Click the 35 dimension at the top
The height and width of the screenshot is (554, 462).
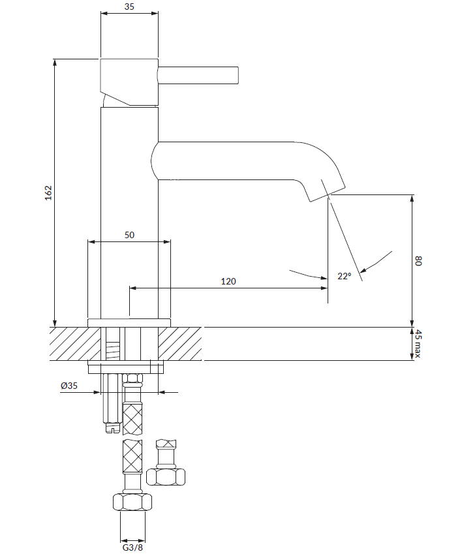[x=129, y=8]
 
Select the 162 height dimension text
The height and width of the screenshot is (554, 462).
[x=48, y=193]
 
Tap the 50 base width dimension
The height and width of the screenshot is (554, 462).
[x=129, y=235]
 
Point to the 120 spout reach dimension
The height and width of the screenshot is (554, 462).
[x=228, y=281]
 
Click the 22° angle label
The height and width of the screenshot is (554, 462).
[x=344, y=276]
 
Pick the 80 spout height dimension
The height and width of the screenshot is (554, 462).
[x=419, y=261]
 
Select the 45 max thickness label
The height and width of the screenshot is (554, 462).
[x=419, y=344]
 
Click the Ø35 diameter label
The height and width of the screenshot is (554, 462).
[x=69, y=386]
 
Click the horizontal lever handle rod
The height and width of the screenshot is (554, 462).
[x=199, y=75]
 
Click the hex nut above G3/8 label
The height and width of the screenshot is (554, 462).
[x=132, y=502]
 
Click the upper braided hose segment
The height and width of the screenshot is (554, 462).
[x=133, y=420]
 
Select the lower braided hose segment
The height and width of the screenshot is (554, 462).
[x=133, y=457]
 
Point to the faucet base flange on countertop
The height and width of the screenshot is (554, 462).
[x=129, y=322]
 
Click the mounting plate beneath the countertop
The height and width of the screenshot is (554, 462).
[x=125, y=367]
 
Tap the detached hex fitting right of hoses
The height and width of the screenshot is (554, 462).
[x=166, y=476]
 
